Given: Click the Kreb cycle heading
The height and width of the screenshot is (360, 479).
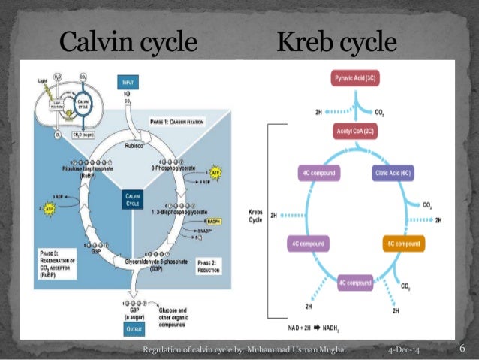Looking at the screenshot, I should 336,41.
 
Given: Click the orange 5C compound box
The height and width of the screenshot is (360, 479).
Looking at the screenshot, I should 404,244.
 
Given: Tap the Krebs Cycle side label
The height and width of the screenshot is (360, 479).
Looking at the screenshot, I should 257,215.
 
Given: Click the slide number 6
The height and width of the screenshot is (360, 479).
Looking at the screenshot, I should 462,349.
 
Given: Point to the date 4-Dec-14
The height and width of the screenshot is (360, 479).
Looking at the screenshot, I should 402,351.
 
